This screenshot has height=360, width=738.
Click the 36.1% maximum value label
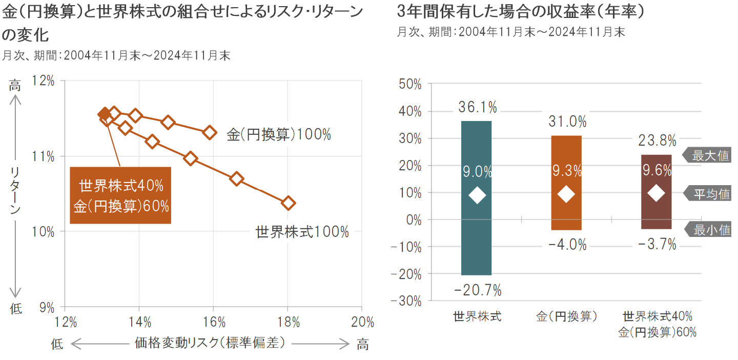click(x=478, y=107)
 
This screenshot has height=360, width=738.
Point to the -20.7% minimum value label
click(x=478, y=290)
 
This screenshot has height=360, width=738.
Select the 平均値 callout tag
click(x=710, y=194)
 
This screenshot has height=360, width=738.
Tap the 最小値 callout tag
click(x=710, y=230)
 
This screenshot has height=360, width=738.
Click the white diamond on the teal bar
click(x=477, y=195)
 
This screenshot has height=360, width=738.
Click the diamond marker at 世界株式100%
click(x=289, y=203)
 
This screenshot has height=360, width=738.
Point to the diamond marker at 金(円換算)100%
click(x=209, y=132)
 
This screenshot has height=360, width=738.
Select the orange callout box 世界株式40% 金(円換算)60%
click(x=121, y=195)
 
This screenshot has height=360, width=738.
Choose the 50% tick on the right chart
click(x=409, y=84)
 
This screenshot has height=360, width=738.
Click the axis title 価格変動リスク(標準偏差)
click(x=210, y=343)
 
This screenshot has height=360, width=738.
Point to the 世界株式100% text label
click(x=302, y=232)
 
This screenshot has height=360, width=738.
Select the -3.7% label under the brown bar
click(x=658, y=245)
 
